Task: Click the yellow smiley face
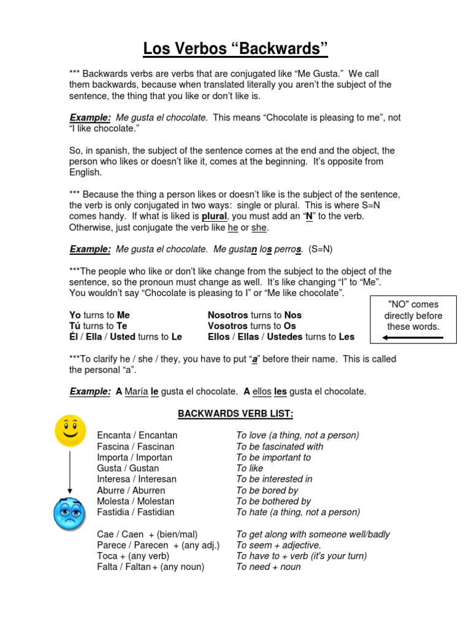click(70, 431)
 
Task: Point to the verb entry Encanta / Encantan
click(137, 436)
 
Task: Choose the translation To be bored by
click(267, 490)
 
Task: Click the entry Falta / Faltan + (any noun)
click(150, 567)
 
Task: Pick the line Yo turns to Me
click(99, 315)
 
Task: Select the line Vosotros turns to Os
click(251, 326)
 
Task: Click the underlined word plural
click(214, 217)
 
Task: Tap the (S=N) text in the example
click(321, 249)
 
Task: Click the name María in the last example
click(136, 391)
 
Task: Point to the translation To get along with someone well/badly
click(313, 534)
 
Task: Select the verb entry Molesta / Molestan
click(136, 501)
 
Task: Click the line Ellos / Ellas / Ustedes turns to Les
click(281, 337)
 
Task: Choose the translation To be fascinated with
click(280, 447)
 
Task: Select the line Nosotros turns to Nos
click(255, 315)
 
